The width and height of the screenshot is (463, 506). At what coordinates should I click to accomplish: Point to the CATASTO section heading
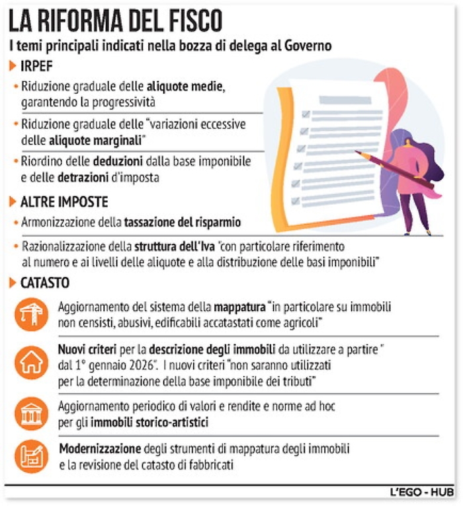[45, 283]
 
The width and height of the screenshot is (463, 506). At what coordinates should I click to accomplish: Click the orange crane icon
[32, 315]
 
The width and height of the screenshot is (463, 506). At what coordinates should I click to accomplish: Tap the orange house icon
[32, 363]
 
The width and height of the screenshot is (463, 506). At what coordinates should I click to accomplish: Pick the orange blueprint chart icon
[32, 456]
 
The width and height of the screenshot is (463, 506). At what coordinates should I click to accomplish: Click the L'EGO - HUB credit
[421, 493]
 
